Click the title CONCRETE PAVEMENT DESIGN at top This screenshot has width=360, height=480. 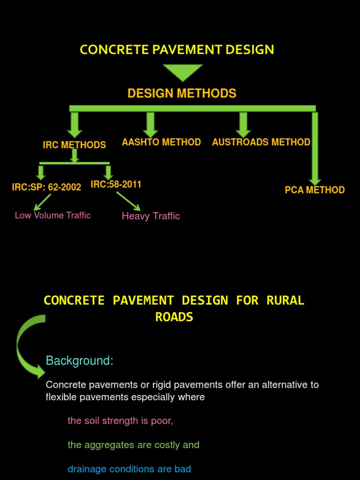click(177, 50)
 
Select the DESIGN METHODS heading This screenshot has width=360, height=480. click(182, 93)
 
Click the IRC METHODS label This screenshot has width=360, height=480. click(74, 145)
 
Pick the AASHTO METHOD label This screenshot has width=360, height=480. click(161, 142)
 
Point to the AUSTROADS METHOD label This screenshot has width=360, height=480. click(261, 142)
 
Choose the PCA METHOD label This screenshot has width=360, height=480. click(315, 190)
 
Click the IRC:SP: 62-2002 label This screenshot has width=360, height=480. click(46, 187)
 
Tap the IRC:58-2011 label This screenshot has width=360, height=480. click(116, 184)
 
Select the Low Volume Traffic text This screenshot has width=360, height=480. click(52, 215)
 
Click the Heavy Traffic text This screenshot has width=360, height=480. click(150, 216)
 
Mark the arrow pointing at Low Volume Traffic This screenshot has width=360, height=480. click(42, 202)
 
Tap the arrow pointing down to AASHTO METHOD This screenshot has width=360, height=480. click(150, 124)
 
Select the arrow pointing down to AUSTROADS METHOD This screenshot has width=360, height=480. click(243, 124)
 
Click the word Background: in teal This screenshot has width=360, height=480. click(80, 361)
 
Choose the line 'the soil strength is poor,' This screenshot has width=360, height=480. click(120, 420)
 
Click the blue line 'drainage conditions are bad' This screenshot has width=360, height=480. click(129, 469)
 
